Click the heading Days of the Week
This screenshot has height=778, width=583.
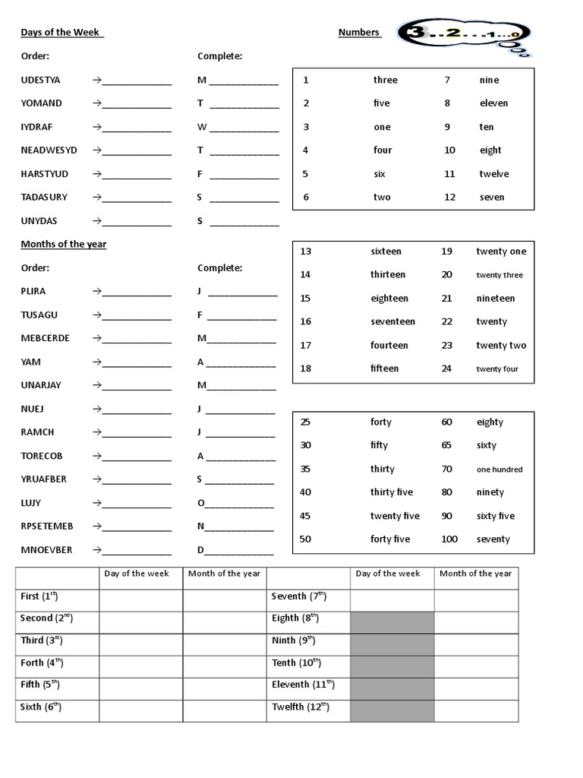coord(61,33)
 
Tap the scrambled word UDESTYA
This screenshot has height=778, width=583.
coord(40,80)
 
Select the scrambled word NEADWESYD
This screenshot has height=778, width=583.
coord(49,150)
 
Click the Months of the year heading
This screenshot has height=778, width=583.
coord(63,244)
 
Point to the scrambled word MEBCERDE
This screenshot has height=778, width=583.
coord(45,338)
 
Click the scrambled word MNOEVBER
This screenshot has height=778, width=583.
coord(46,550)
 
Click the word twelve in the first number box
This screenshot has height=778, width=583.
coord(493,174)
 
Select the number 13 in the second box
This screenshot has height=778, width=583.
coord(306,251)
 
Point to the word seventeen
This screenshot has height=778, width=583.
coord(392,321)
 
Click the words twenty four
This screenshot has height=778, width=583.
coord(497,369)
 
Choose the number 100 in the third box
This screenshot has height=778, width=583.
coord(449,539)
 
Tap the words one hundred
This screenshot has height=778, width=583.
coord(499,470)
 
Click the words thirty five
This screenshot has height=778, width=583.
coord(391,492)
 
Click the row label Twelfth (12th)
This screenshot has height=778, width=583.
coord(301,707)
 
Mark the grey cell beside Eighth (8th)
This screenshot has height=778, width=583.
coord(392,619)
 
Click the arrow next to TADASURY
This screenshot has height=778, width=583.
coord(96,198)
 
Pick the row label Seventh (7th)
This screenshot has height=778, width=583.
coord(299,597)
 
